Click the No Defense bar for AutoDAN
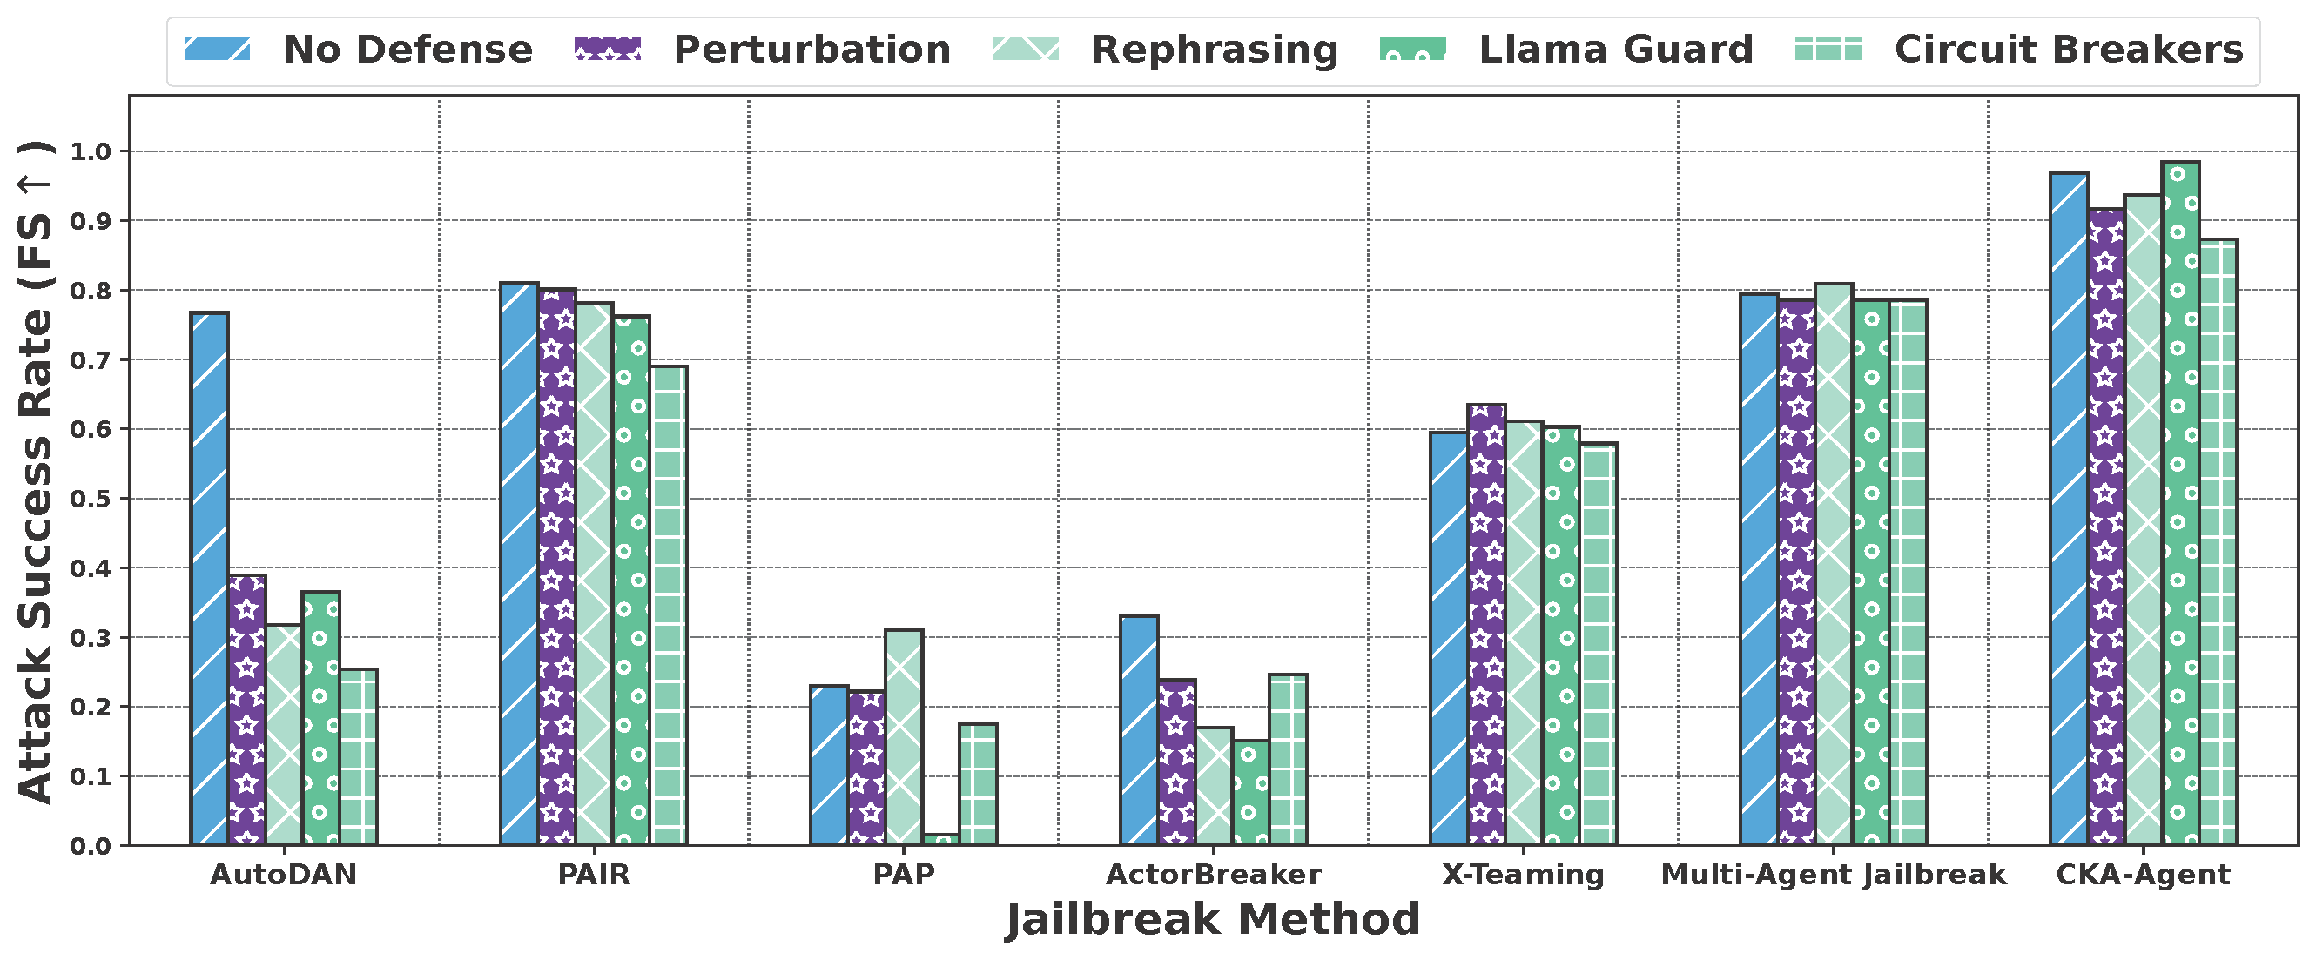(210, 579)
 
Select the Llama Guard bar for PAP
(941, 840)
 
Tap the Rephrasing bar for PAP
(904, 737)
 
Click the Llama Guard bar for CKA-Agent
(2180, 503)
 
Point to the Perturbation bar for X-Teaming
(1486, 625)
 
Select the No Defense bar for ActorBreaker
(1139, 730)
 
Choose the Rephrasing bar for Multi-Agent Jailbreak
(1833, 565)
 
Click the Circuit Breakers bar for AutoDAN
(359, 757)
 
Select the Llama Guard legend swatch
(1412, 50)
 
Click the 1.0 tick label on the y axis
(90, 152)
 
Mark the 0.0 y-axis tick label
(90, 846)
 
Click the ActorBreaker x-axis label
(1213, 875)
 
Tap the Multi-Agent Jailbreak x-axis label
(1833, 875)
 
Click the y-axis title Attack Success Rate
(36, 471)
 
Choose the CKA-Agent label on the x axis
(2143, 875)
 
